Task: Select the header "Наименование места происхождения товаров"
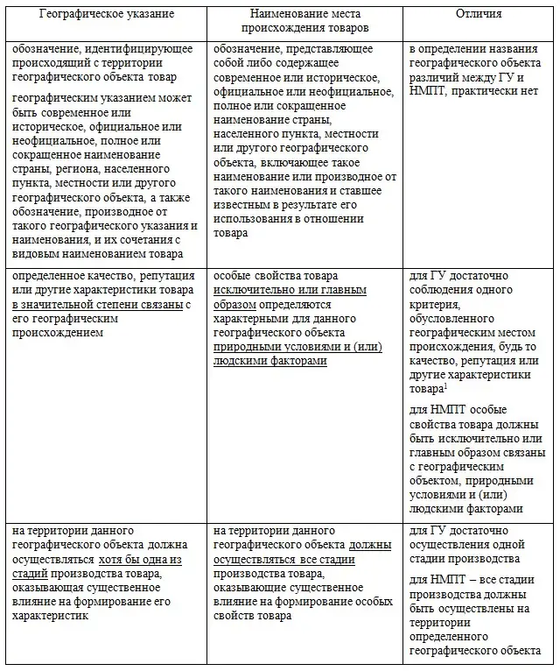(x=305, y=20)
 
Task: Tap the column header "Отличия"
(x=478, y=13)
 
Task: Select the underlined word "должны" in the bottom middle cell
(x=368, y=545)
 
